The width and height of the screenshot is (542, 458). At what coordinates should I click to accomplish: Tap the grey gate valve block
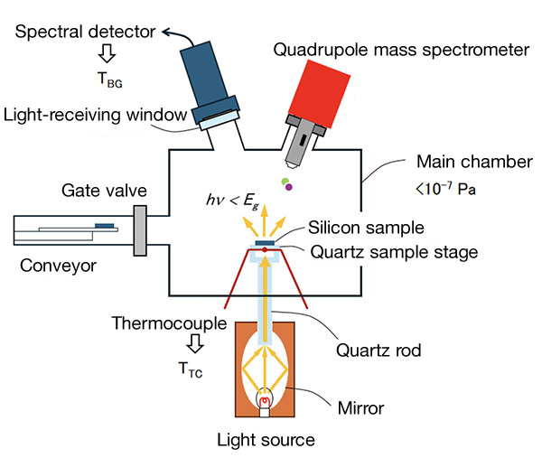(141, 230)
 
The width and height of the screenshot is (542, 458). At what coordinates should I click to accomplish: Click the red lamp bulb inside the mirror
(265, 399)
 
